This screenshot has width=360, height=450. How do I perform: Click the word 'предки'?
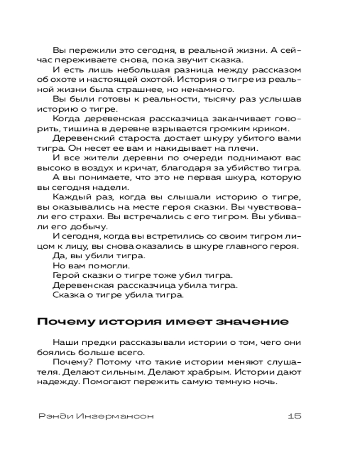pyautogui.click(x=98, y=343)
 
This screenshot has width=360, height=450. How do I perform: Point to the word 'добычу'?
pyautogui.click(x=78, y=226)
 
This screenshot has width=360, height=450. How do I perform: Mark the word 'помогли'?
pyautogui.click(x=101, y=265)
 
